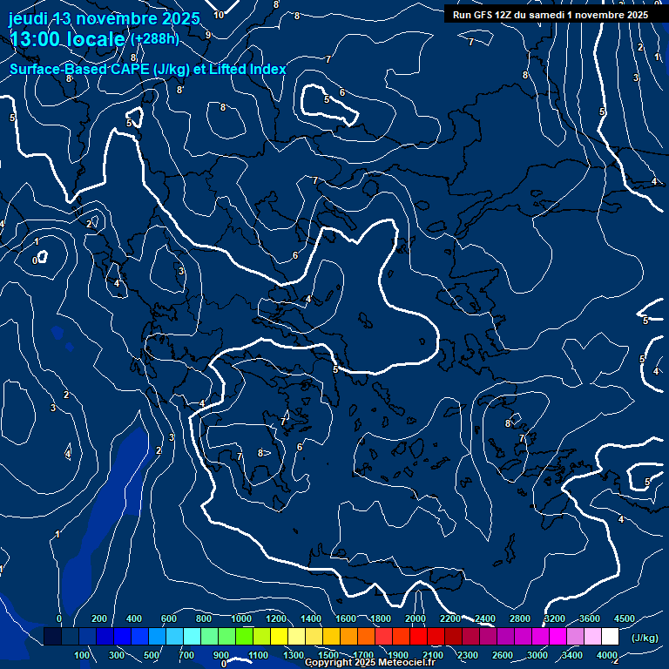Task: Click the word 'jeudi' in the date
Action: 28,18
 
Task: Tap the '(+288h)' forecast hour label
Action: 155,38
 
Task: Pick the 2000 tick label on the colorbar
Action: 416,618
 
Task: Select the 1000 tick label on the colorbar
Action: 241,618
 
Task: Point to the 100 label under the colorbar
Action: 82,655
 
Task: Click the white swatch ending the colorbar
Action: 610,637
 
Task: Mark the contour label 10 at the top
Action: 219,15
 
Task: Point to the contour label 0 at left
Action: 35,260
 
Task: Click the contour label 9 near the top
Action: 208,35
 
